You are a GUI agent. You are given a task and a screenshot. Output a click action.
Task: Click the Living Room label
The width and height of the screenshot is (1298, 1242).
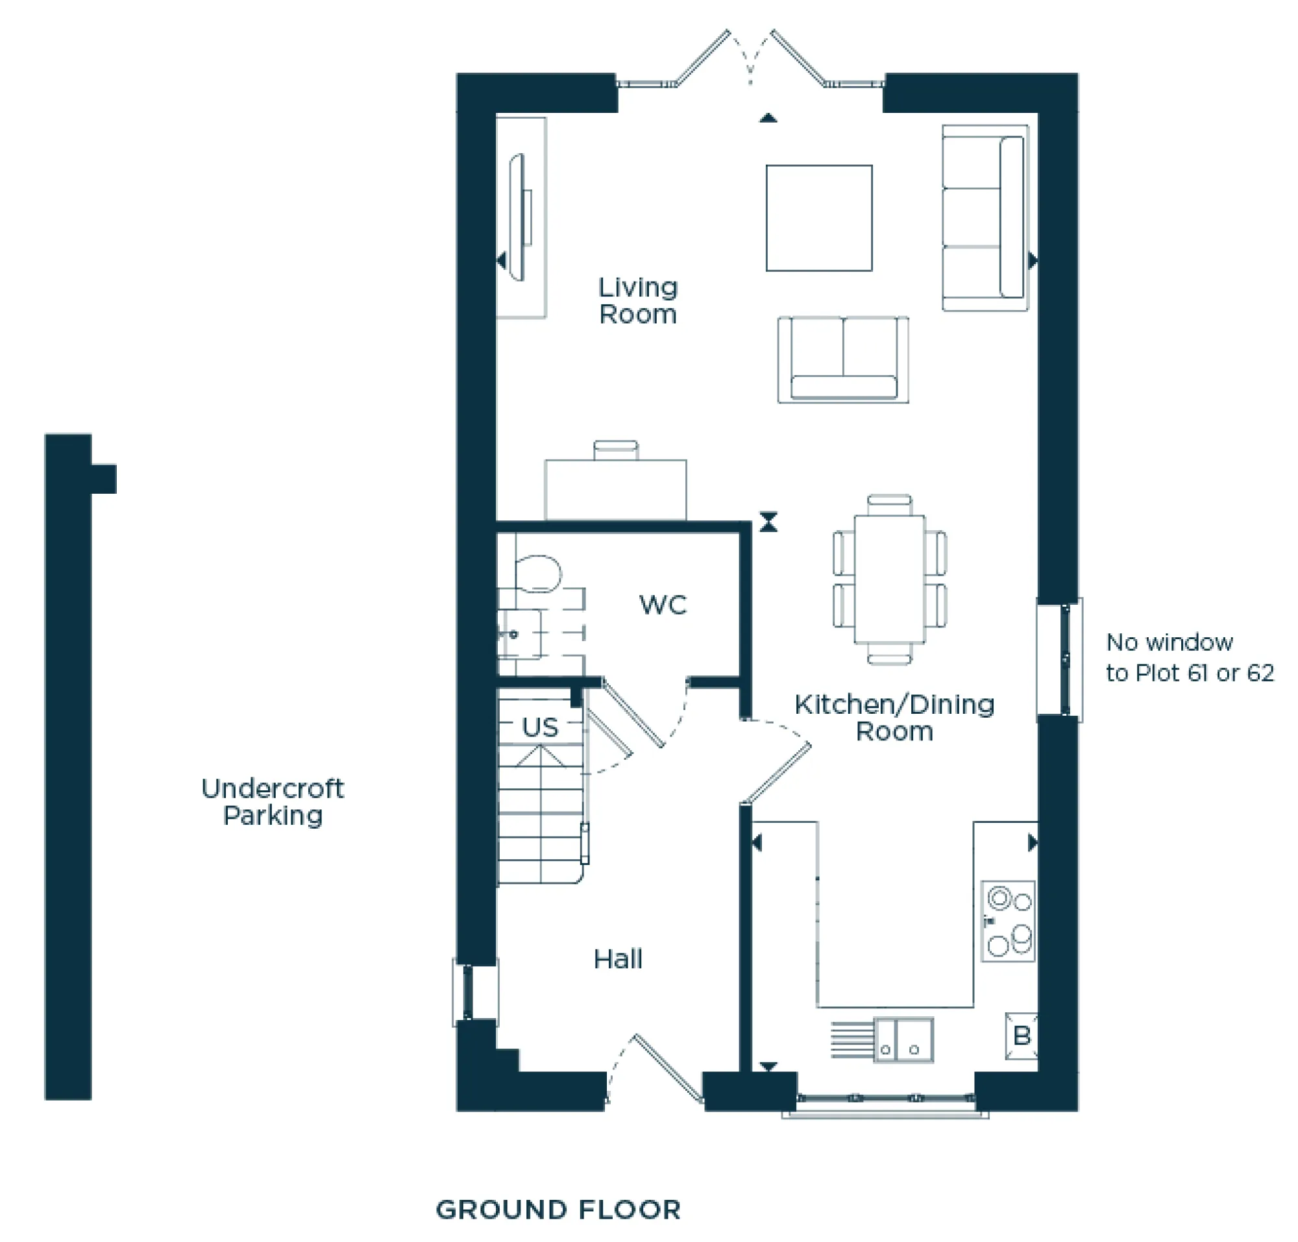pos(638,301)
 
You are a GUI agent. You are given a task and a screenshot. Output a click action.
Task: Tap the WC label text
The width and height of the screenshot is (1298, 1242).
pos(662,605)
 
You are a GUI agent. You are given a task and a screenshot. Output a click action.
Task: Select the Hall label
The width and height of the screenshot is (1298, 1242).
pos(617,959)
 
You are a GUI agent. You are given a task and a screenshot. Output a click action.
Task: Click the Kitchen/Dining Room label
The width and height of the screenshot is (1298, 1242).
pos(894,718)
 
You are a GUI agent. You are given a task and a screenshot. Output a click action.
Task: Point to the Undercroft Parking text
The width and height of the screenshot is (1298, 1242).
pos(272,802)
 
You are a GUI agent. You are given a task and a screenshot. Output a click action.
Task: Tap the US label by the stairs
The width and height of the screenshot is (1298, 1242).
pos(540,727)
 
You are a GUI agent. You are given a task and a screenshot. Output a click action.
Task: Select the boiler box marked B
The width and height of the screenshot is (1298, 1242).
pos(1021,1036)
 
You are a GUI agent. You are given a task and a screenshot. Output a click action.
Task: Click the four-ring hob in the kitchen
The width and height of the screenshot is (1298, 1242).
pos(1008,921)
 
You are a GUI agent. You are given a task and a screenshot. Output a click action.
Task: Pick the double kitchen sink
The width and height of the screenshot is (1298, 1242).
pos(903,1040)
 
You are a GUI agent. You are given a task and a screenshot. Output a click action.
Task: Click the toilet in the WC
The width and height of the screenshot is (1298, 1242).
pos(538,574)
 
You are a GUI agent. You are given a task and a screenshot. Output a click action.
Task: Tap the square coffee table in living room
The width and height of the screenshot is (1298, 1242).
pos(819,218)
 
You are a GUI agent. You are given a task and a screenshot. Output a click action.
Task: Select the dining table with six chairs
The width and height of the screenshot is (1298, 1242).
pos(889,579)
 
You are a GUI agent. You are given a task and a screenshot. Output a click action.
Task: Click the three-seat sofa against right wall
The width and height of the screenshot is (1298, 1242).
pos(985,217)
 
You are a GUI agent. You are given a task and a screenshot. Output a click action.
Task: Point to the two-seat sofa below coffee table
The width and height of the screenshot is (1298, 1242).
pos(843,359)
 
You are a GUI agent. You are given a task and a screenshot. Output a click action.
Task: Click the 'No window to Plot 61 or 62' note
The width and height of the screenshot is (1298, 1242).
pos(1190,657)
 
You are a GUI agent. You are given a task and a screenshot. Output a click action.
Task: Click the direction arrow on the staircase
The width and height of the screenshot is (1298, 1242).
pos(540,756)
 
